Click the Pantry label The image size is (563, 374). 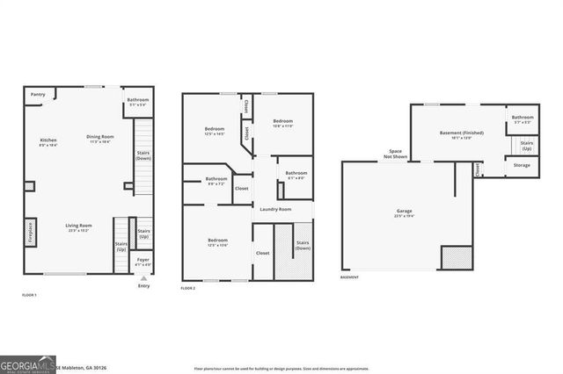point(38,94)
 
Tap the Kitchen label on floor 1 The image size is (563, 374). point(48,142)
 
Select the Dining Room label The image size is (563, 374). point(99,138)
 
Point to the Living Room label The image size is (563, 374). point(79,227)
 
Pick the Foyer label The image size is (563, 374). point(143,261)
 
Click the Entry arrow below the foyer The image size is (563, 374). point(143,277)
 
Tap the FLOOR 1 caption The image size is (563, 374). point(29,296)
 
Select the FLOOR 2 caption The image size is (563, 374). point(188,288)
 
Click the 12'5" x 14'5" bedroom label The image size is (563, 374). point(215,131)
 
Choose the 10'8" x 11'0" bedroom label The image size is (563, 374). point(282,123)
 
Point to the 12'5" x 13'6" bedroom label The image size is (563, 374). point(218,241)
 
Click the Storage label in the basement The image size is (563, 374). point(523,164)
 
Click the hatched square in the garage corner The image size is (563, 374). point(456,257)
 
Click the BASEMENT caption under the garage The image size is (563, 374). point(349,277)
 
